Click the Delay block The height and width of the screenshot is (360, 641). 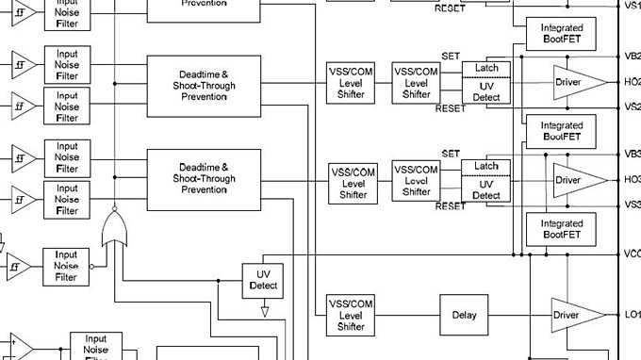pyautogui.click(x=464, y=316)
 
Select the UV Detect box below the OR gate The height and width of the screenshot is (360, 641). pyautogui.click(x=263, y=280)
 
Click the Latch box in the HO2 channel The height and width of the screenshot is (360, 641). pyautogui.click(x=486, y=68)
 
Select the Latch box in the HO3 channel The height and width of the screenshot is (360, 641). pyautogui.click(x=486, y=166)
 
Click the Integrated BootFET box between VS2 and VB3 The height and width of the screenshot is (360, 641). pyautogui.click(x=561, y=131)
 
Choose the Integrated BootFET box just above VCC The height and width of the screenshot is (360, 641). pyautogui.click(x=561, y=228)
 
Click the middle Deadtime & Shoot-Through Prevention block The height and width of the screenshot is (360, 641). pyautogui.click(x=204, y=86)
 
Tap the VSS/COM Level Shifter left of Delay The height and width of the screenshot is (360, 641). pyautogui.click(x=351, y=315)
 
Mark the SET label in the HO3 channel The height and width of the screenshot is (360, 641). pyautogui.click(x=451, y=154)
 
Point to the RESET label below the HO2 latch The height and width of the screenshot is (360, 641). pyautogui.click(x=451, y=109)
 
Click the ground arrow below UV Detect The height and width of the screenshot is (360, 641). pyautogui.click(x=264, y=310)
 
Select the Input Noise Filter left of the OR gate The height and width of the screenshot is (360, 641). pyautogui.click(x=66, y=266)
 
